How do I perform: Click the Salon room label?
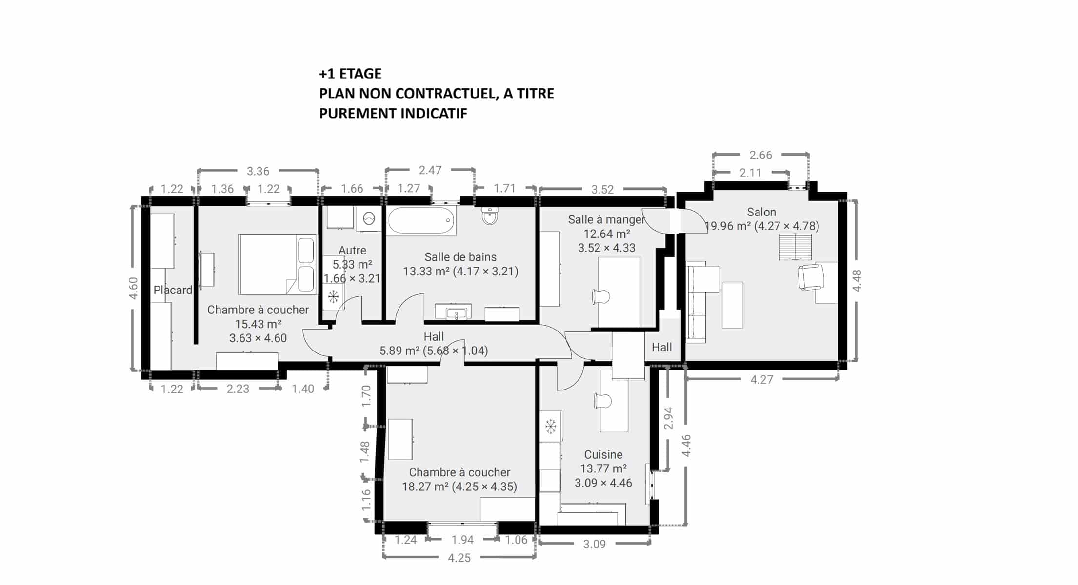point(761,212)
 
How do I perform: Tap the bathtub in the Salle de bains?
point(421,220)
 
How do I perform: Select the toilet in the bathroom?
point(490,215)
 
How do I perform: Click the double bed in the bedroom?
point(277,264)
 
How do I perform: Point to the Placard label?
point(173,290)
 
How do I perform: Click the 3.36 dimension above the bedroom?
point(258,171)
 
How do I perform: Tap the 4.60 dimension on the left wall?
point(133,288)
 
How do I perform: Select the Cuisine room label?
point(603,454)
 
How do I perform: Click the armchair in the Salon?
point(811,277)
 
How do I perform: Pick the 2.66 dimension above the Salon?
point(761,155)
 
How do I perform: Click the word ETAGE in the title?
point(360,74)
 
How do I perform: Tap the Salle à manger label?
point(606,219)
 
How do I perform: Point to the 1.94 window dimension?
point(462,540)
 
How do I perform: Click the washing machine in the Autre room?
point(368,218)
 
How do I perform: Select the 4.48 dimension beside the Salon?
point(857,281)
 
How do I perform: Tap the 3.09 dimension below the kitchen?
point(594,544)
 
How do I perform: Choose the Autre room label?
point(352,250)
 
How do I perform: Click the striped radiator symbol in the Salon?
point(795,247)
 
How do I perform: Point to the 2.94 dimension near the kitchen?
point(668,418)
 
